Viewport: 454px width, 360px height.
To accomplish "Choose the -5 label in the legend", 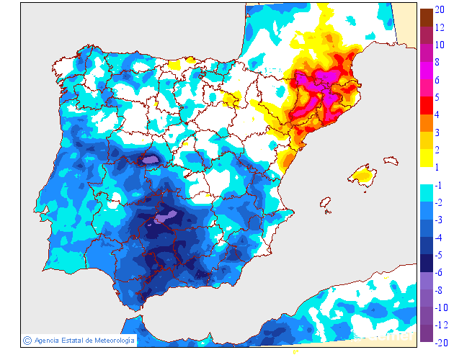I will pyautogui.click(x=440, y=255).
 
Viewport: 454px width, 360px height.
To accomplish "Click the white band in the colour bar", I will pyautogui.click(x=426, y=175).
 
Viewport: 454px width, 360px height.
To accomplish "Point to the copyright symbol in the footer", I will pyautogui.click(x=27, y=341).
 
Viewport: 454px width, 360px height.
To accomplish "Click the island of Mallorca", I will pyautogui.click(x=362, y=174).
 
